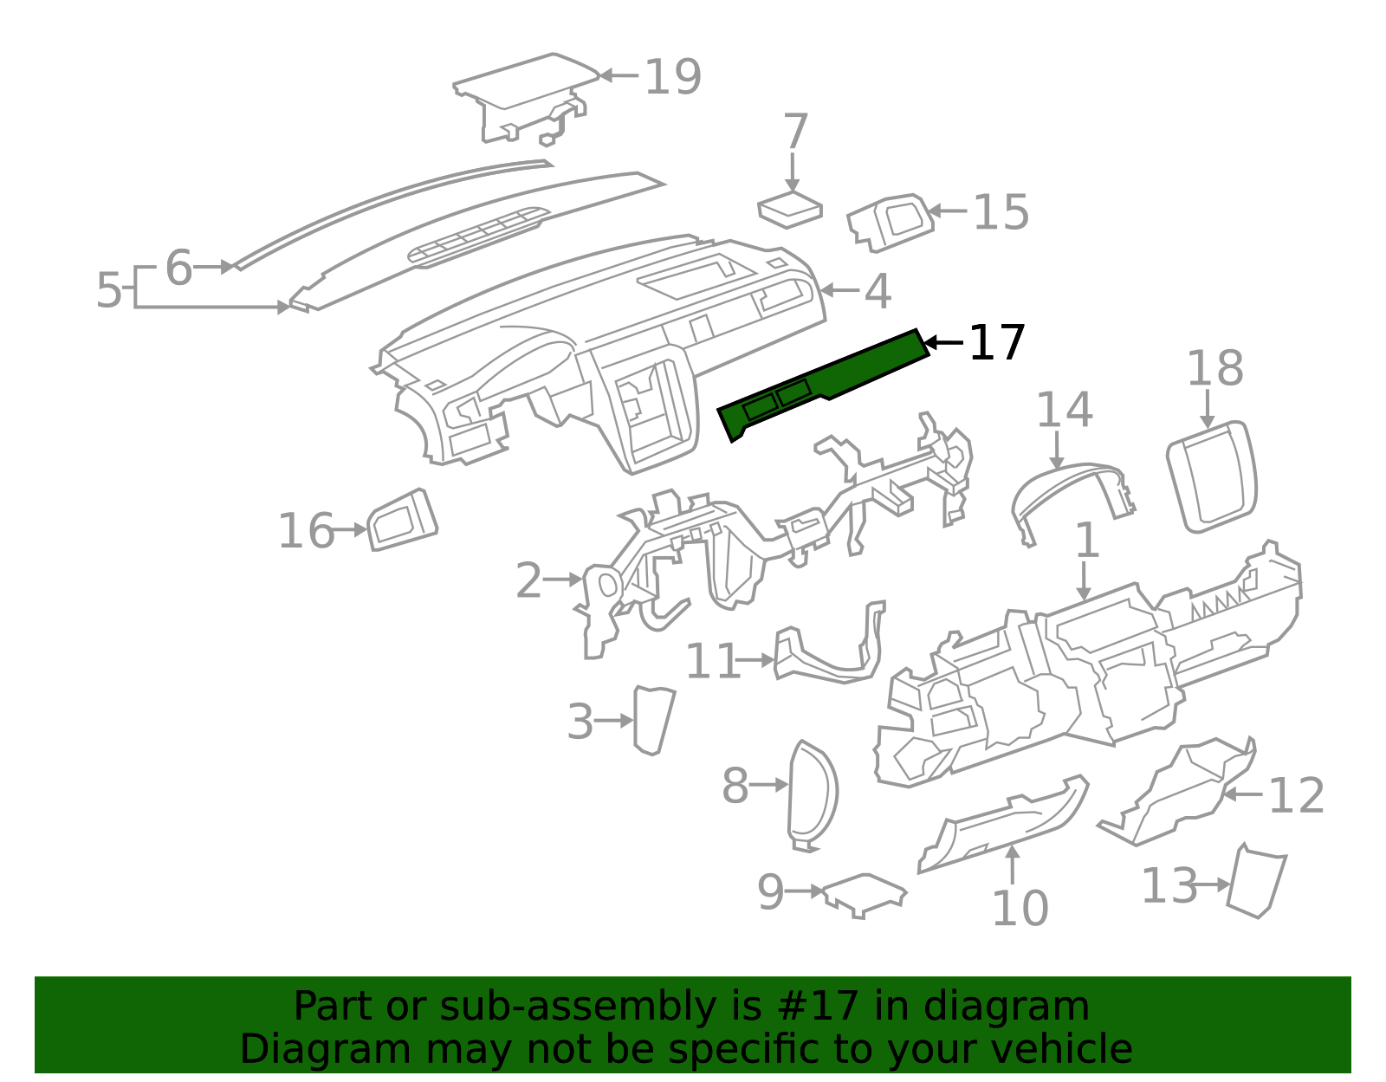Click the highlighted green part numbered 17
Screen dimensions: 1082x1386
coord(823,381)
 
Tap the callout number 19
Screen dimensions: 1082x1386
coord(672,77)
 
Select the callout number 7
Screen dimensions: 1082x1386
coord(794,132)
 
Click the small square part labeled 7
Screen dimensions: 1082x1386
coord(789,210)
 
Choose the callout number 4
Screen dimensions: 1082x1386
coord(878,291)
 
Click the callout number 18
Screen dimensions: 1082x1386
coord(1214,368)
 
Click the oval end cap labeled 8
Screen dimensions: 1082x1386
coord(813,793)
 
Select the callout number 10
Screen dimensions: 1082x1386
coord(1019,909)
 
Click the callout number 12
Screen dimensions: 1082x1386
coord(1296,796)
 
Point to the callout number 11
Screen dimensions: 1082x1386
coord(712,662)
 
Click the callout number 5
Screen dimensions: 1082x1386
coord(109,290)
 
